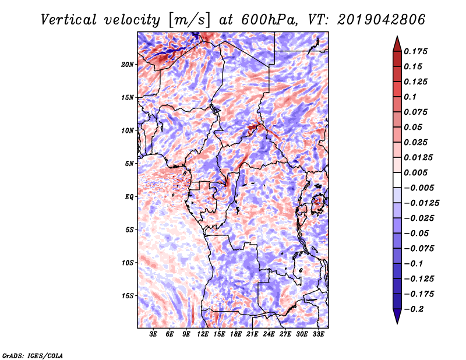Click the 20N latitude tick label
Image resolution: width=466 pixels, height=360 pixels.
point(127,65)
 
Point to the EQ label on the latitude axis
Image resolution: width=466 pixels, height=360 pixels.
point(129,197)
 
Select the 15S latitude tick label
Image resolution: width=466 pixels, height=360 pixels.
point(128,296)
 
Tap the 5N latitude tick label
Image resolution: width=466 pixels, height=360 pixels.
point(129,164)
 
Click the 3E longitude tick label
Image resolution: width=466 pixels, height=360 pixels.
point(153,334)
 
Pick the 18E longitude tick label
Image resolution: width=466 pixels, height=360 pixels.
point(236,334)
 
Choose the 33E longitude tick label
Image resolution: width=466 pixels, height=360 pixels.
point(318,334)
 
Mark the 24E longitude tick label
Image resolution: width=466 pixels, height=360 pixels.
point(269,334)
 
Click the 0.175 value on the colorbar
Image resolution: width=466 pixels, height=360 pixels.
point(415,51)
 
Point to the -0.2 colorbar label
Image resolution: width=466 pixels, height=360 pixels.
point(414,309)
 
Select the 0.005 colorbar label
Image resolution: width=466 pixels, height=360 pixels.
point(415,172)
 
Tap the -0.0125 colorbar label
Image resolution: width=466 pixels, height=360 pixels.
point(421,203)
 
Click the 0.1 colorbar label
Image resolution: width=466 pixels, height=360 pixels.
point(410,97)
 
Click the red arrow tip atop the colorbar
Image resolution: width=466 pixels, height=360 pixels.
point(397,37)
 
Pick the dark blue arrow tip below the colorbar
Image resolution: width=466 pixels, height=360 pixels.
point(397,323)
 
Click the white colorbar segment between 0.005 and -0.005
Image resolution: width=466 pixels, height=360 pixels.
point(397,180)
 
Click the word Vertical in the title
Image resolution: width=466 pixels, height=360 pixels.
point(69,20)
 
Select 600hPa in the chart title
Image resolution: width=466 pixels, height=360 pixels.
point(269,20)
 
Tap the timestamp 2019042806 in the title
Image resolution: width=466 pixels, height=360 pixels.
point(382,20)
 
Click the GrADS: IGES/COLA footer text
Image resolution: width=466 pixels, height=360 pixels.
point(33,356)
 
